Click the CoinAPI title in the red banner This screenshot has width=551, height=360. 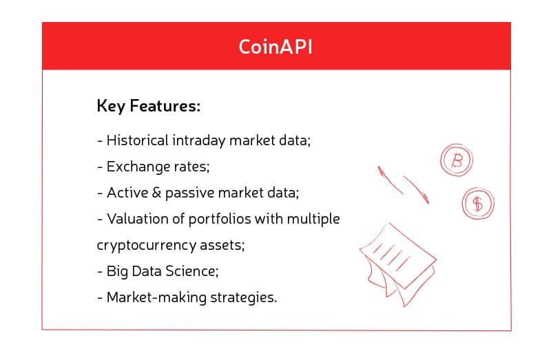click(275, 46)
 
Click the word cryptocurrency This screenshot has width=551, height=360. click(141, 246)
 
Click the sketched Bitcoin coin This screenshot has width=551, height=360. click(456, 161)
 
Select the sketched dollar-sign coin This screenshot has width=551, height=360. click(477, 203)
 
